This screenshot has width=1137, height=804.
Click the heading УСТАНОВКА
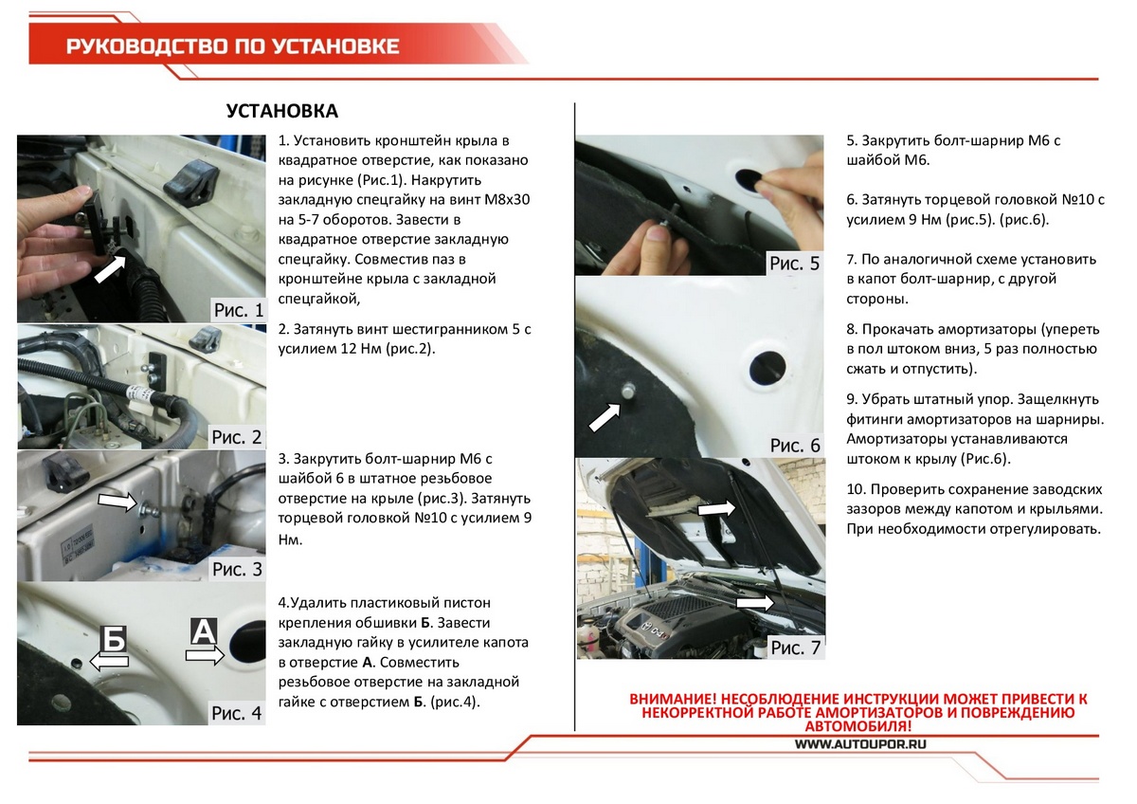tap(282, 112)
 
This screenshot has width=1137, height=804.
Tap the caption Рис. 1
tap(237, 310)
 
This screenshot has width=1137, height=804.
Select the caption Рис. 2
tap(237, 437)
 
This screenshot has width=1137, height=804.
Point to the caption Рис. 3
tap(237, 569)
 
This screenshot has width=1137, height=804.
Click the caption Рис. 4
tap(237, 713)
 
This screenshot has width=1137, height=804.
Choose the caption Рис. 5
tap(794, 264)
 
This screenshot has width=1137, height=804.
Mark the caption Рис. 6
tap(794, 445)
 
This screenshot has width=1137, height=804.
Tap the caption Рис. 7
tap(794, 648)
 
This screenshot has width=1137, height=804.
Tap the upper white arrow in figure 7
tap(717, 509)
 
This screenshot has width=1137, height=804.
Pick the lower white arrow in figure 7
tap(755, 602)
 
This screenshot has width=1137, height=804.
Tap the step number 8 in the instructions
tap(851, 330)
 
